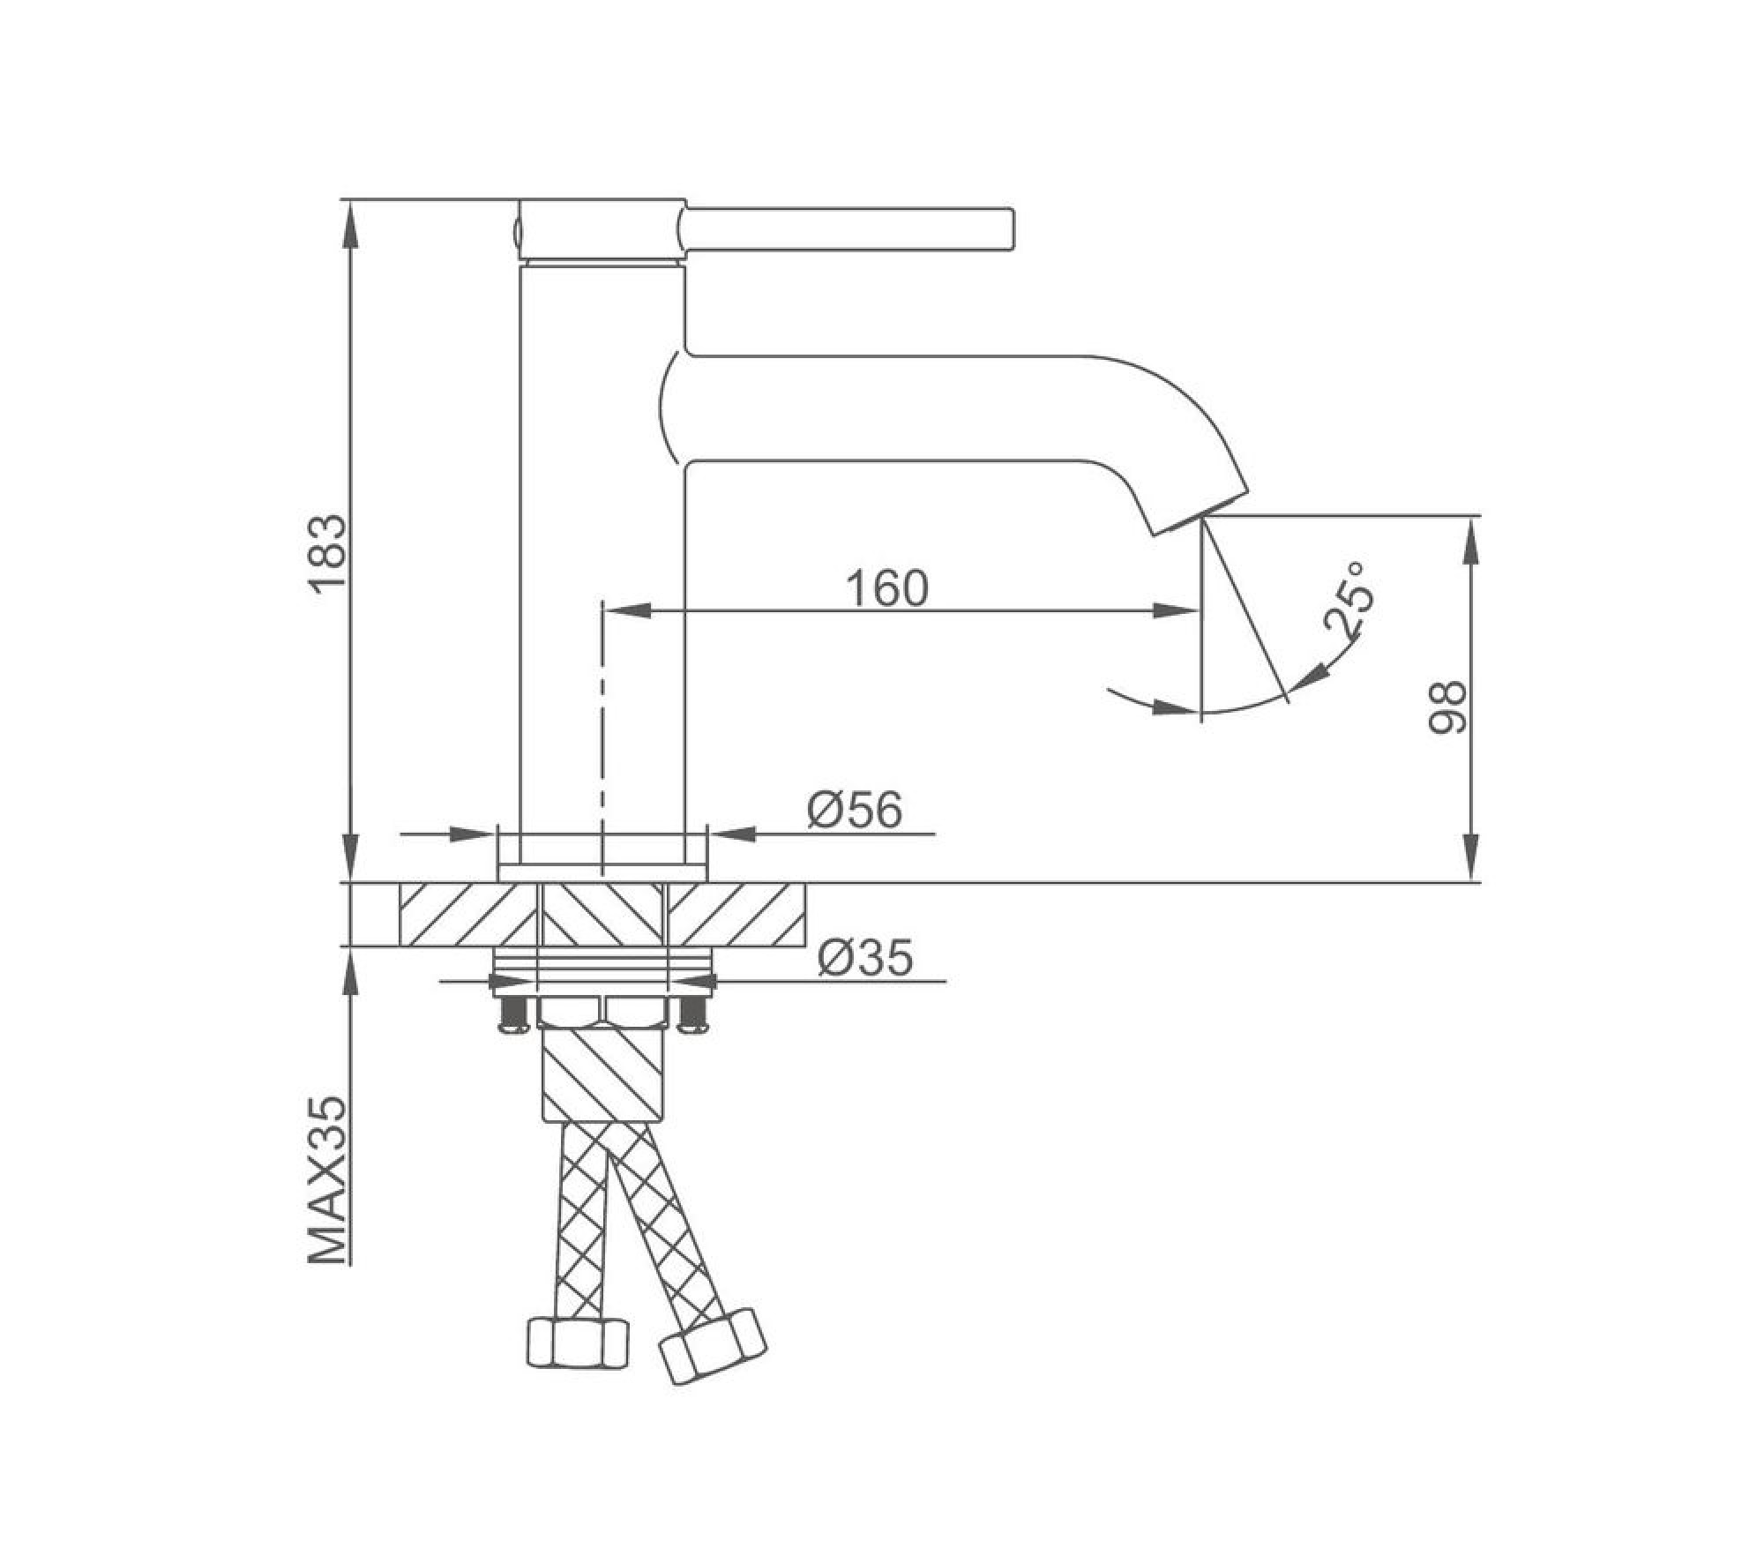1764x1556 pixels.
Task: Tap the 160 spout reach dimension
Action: [x=887, y=588]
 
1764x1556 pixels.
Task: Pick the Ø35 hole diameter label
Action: [x=864, y=957]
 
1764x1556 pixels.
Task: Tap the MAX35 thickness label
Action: [x=327, y=1181]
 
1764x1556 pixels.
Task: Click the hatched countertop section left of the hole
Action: [x=467, y=915]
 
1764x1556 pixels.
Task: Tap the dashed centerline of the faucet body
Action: [x=602, y=723]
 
